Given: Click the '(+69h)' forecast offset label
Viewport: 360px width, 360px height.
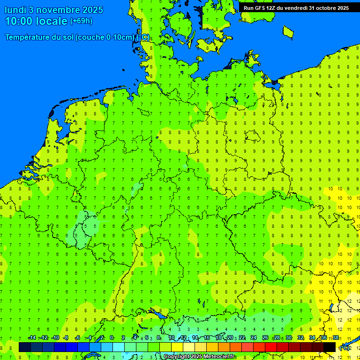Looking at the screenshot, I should click(81, 21).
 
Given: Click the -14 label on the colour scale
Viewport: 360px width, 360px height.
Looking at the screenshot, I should click(32, 338).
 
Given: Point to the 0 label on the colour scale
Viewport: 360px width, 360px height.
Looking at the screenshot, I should click(112, 338).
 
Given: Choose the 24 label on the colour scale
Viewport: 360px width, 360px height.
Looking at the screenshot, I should click(254, 338).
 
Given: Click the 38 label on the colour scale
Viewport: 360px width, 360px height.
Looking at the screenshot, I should click(336, 338).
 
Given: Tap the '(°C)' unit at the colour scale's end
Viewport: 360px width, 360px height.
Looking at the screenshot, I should click(345, 347).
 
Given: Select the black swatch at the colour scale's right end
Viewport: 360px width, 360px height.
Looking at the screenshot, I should click(330, 347).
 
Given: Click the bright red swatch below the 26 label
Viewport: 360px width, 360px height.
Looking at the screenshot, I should click(271, 347).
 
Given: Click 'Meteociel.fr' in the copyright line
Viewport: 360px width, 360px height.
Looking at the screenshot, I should click(219, 357).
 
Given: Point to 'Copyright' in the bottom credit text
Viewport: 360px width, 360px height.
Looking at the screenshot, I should click(176, 357).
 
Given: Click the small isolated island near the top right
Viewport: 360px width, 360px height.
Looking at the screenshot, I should click(288, 32).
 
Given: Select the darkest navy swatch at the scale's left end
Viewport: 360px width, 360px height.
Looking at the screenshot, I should click(25, 347).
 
